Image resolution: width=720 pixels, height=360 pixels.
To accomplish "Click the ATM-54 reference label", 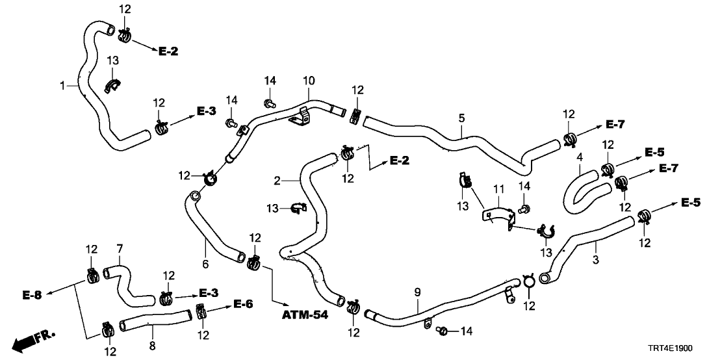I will [305, 315].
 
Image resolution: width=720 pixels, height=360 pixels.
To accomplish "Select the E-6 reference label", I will [243, 303].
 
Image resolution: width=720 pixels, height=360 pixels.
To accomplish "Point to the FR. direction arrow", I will [32, 340].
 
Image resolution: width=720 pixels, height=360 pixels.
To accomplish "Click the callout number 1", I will [62, 85].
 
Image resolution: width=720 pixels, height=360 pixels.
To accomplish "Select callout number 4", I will [579, 157].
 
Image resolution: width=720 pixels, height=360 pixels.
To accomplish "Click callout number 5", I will [461, 118].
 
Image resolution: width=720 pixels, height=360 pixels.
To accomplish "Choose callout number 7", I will [119, 248].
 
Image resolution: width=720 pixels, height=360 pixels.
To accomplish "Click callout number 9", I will [417, 293].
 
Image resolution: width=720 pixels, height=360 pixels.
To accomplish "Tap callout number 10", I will [308, 81].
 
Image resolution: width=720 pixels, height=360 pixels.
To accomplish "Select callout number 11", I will [498, 188].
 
